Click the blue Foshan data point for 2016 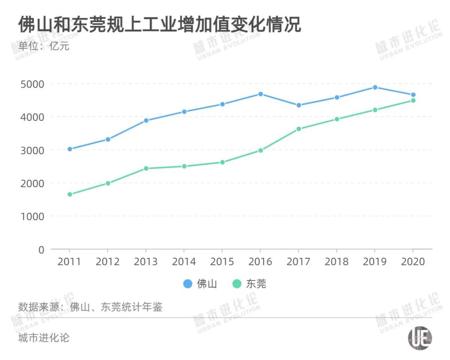pyautogui.click(x=260, y=94)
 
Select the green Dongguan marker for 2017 pyautogui.click(x=299, y=129)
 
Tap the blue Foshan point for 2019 pyautogui.click(x=375, y=87)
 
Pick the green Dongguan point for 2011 pyautogui.click(x=70, y=194)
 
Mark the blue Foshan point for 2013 pyautogui.click(x=146, y=120)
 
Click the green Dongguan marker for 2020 pyautogui.click(x=413, y=100)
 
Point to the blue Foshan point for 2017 pyautogui.click(x=299, y=105)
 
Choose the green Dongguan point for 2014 pyautogui.click(x=184, y=166)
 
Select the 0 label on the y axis pyautogui.click(x=41, y=250)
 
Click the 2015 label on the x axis pyautogui.click(x=222, y=262)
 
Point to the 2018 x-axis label pyautogui.click(x=337, y=262)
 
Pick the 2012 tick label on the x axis pyautogui.click(x=107, y=262)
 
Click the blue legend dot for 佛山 pyautogui.click(x=188, y=284)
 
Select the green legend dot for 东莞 pyautogui.click(x=237, y=284)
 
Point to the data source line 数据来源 pyautogui.click(x=90, y=307)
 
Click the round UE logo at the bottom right pyautogui.click(x=420, y=338)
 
